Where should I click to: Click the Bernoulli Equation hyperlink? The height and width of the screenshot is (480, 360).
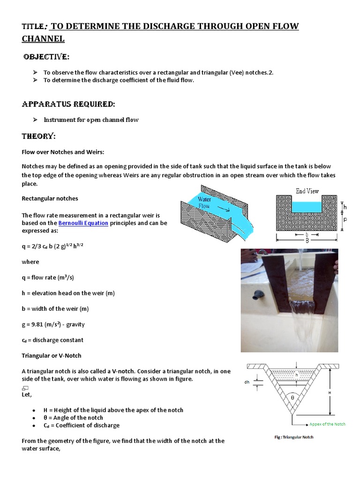(83, 223)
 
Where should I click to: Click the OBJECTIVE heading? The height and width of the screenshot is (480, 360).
(46, 57)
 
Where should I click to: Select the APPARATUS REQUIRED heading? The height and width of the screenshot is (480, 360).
(68, 104)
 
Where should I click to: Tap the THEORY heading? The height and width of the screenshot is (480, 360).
(39, 136)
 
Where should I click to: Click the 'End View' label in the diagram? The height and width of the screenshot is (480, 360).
(307, 191)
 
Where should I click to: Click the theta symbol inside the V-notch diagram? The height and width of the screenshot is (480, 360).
(293, 397)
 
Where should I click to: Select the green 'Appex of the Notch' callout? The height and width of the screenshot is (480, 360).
(327, 424)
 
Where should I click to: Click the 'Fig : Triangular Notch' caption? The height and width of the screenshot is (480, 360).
(294, 437)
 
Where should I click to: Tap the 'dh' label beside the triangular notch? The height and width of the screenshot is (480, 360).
(247, 382)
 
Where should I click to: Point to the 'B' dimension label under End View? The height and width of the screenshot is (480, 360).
(307, 240)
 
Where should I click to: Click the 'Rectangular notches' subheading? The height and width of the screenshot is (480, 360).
(50, 198)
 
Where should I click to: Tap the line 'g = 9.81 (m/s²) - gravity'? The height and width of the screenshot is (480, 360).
(53, 324)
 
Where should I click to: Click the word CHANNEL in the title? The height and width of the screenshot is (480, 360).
(43, 38)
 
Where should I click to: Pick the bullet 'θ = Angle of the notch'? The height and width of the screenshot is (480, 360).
(73, 418)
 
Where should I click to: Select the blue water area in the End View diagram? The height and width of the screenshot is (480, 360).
(307, 205)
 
